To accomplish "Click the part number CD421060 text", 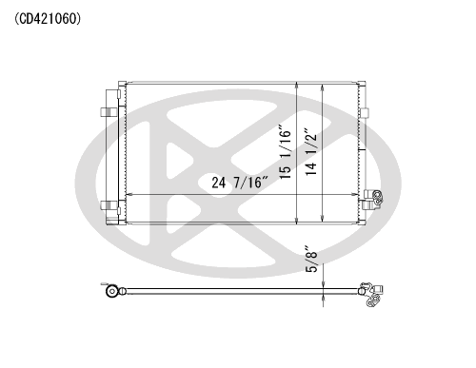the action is coord(48,19).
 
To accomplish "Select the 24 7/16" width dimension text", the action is coord(240,183).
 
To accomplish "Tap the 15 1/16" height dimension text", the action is coord(285,152).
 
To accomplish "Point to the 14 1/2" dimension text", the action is coord(310,151).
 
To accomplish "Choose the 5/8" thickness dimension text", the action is coord(311,259).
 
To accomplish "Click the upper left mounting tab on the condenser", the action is coord(109,112).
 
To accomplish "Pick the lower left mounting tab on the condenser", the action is coord(109,205).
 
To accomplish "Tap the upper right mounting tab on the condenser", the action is coord(365,113).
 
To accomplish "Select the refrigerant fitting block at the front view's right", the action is coord(372,200).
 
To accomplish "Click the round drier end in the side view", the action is coord(111,291).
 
